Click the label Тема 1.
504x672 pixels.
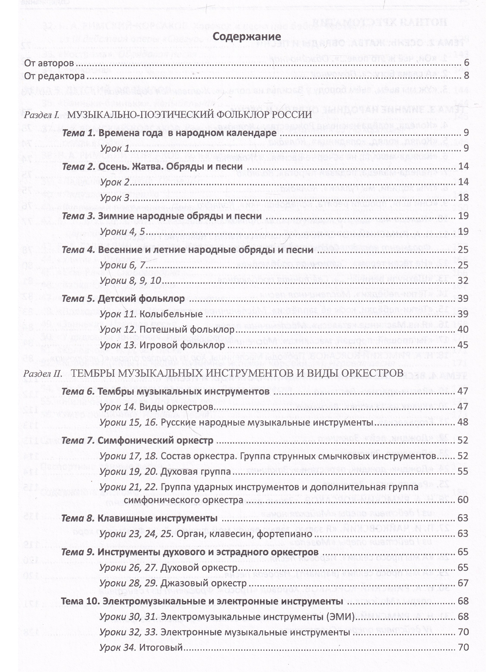[x=79, y=133]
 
